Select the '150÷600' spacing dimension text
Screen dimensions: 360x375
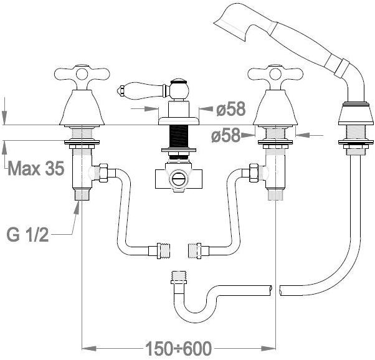[179, 347]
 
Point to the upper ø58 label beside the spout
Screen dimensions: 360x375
[230, 110]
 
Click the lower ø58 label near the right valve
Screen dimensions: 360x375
[225, 135]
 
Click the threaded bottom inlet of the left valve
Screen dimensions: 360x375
[82, 194]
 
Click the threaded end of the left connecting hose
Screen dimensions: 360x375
[164, 250]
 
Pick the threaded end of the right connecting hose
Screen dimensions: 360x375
[193, 250]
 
